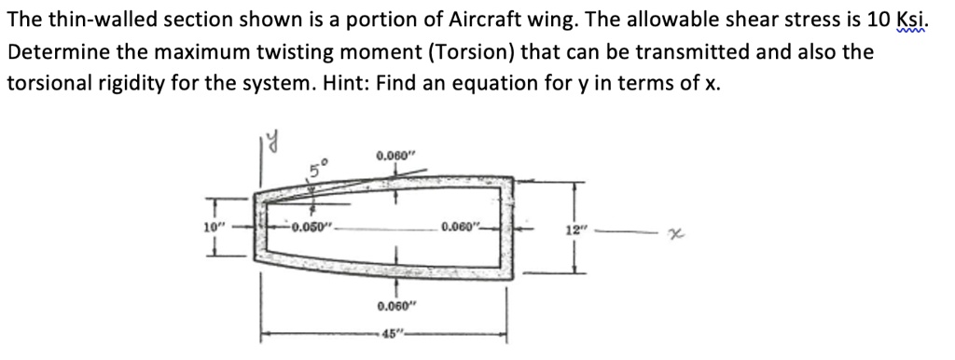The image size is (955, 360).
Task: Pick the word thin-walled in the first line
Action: coord(86,21)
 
